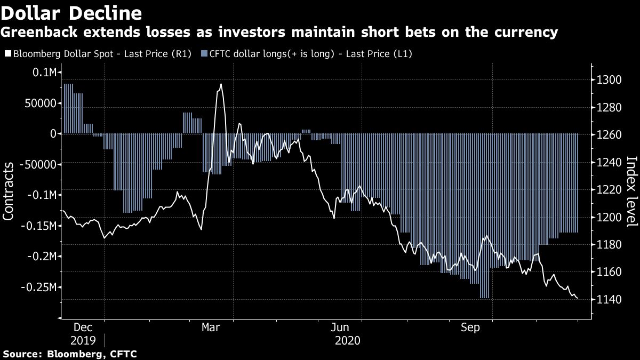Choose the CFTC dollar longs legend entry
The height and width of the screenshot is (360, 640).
pyautogui.click(x=307, y=54)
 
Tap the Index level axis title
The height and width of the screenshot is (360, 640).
pyautogui.click(x=631, y=192)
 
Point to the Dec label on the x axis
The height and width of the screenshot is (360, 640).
pyautogui.click(x=83, y=327)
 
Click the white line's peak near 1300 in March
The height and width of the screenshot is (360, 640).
pyautogui.click(x=221, y=84)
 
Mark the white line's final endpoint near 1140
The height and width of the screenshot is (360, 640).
pyautogui.click(x=578, y=298)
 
